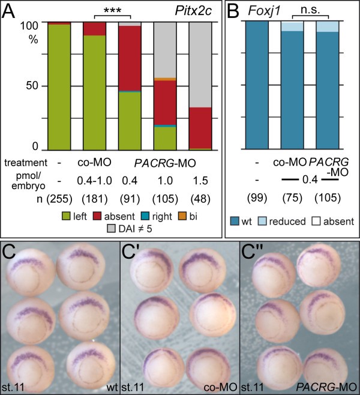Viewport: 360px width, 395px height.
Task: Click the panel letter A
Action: pos(11,11)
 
